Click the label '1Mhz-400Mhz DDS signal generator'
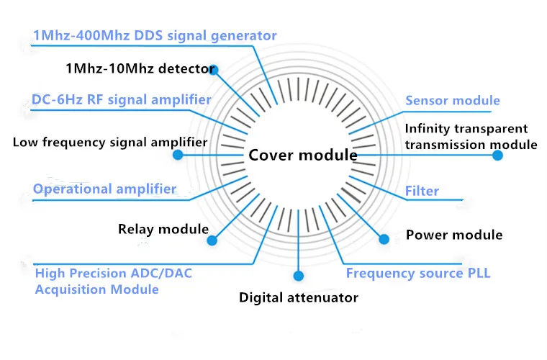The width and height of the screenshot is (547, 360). [x=155, y=35]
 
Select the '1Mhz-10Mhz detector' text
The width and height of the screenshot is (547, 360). [x=140, y=69]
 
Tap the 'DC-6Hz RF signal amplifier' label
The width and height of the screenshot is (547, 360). [x=122, y=99]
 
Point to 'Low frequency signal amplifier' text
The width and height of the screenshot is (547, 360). [x=110, y=142]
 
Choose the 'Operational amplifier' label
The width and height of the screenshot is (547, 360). [x=104, y=189]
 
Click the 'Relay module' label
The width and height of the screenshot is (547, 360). [x=163, y=230]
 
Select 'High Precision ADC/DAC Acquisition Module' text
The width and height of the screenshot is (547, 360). [x=113, y=282]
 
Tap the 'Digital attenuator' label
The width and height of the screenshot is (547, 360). [x=299, y=297]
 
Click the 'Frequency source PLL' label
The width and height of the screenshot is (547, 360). [x=418, y=274]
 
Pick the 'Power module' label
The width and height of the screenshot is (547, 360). [x=454, y=235]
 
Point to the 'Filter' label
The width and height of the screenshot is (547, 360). [x=422, y=192]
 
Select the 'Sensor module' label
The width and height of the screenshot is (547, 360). [x=453, y=101]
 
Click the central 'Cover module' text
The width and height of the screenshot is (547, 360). [x=303, y=155]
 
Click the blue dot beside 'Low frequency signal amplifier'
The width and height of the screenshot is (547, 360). [x=178, y=155]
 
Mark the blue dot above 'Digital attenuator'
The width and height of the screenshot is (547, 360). [x=299, y=276]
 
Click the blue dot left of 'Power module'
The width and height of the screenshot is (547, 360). [x=384, y=238]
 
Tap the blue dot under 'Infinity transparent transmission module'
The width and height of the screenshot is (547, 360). [x=497, y=155]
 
